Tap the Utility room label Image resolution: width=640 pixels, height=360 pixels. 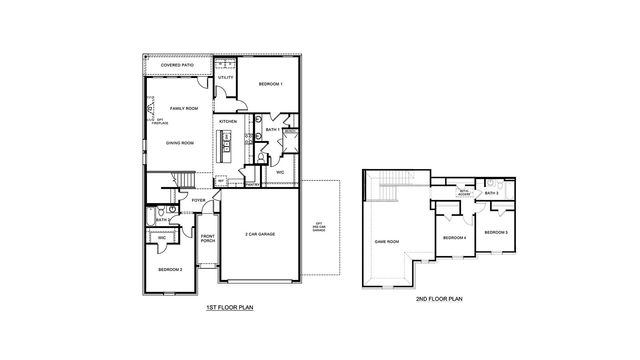(x=226, y=77)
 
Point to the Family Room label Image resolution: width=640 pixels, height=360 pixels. (x=184, y=108)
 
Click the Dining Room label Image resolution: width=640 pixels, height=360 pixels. (x=180, y=142)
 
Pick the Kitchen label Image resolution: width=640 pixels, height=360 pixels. (x=227, y=120)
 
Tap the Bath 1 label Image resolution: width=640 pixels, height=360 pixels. (x=271, y=129)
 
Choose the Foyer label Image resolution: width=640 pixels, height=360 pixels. (x=199, y=199)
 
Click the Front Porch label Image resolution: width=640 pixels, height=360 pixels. (x=208, y=239)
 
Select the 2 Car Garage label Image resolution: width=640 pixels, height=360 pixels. (x=259, y=234)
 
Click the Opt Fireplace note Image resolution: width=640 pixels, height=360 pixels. (x=158, y=121)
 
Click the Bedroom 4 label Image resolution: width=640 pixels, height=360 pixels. (x=455, y=237)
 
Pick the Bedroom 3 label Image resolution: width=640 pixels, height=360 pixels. (x=495, y=232)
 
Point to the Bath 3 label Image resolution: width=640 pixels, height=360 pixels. (x=491, y=193)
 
